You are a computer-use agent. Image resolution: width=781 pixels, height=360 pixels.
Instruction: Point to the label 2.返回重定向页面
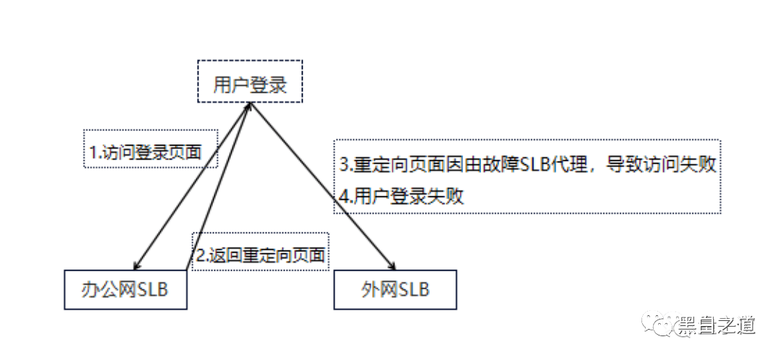pos(260,255)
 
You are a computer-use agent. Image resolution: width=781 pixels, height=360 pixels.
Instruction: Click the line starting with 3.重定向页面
pos(527,166)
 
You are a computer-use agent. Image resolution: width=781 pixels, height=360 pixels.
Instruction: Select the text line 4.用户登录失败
pos(401,197)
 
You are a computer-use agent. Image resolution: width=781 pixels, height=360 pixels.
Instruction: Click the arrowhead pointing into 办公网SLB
pos(137,265)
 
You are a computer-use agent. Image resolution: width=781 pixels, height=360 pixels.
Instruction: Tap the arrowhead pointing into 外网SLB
pos(391,265)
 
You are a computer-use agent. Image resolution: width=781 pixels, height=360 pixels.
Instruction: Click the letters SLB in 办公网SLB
pos(153,290)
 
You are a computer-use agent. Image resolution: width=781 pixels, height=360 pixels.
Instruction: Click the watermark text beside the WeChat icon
pos(715,325)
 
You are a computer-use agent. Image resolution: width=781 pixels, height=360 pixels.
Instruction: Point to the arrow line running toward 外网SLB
pos(320,187)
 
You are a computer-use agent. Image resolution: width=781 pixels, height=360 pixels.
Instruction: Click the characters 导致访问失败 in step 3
pos(661,166)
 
